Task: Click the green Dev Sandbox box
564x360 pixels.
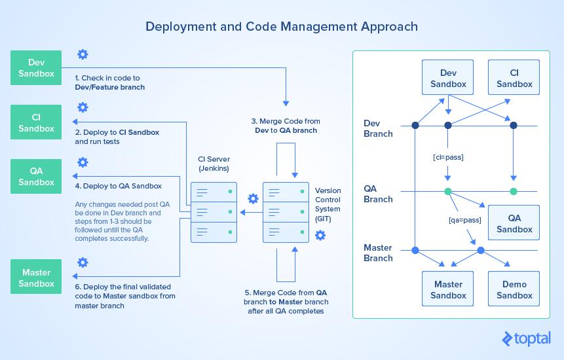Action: coord(36,68)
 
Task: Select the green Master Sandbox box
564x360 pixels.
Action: coord(36,278)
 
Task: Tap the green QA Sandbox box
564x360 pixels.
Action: coord(36,177)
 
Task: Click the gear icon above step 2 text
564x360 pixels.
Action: coord(83,108)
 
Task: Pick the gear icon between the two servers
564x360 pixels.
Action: coord(252,198)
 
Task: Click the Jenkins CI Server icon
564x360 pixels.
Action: coord(214,212)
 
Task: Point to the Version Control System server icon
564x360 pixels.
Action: coord(285,212)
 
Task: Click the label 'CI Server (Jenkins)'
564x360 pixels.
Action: coord(214,164)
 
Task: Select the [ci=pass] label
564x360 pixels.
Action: coord(448,158)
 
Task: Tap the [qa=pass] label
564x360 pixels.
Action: coord(464,221)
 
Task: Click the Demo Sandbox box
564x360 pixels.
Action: coord(514,290)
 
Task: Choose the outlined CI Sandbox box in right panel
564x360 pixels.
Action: coord(514,79)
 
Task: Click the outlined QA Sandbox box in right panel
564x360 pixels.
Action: coord(514,224)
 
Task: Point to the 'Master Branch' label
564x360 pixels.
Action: coord(378,253)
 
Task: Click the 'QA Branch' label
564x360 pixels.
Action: coord(378,194)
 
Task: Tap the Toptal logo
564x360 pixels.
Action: coord(526,338)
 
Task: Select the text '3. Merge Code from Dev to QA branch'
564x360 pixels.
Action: coord(286,126)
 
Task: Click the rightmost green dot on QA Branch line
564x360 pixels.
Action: coord(514,192)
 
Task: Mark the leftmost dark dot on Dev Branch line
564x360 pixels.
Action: coord(415,126)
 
